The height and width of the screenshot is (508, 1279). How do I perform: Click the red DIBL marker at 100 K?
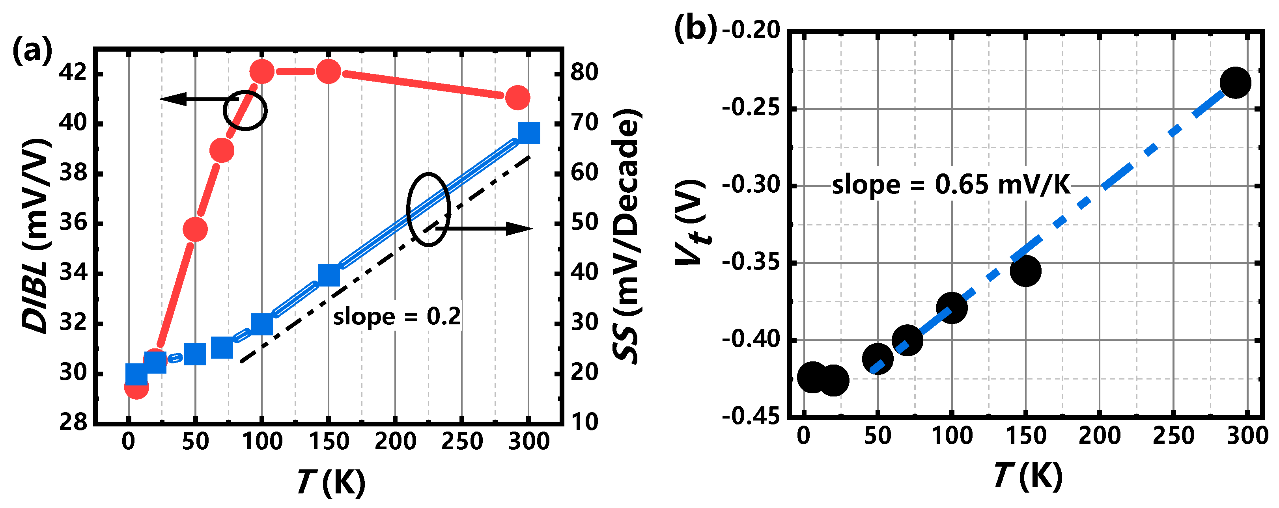[x=261, y=72]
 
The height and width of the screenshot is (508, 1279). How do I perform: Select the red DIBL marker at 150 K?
[x=328, y=72]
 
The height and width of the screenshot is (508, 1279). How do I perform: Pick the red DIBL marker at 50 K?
[x=195, y=230]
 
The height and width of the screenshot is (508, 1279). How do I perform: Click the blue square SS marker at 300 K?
[x=529, y=132]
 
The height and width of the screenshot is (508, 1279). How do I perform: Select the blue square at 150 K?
[x=329, y=275]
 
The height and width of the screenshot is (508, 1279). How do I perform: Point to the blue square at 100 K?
[x=261, y=324]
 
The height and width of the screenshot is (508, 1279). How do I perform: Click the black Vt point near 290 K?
[x=1235, y=83]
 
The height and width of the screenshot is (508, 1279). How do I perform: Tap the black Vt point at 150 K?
[x=1025, y=271]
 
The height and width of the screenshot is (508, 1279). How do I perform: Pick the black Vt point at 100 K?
[x=951, y=307]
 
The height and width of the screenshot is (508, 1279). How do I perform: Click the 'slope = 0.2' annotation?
[x=396, y=316]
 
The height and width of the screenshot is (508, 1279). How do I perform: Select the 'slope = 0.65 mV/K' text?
[x=950, y=185]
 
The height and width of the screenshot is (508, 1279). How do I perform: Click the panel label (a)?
[x=32, y=50]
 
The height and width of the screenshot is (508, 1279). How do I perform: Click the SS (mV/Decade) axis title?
[x=626, y=236]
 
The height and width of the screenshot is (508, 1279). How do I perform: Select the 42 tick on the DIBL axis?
[x=73, y=73]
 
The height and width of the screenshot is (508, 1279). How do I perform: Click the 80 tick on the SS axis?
[x=584, y=73]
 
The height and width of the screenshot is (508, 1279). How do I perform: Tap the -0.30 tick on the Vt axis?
[x=751, y=186]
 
